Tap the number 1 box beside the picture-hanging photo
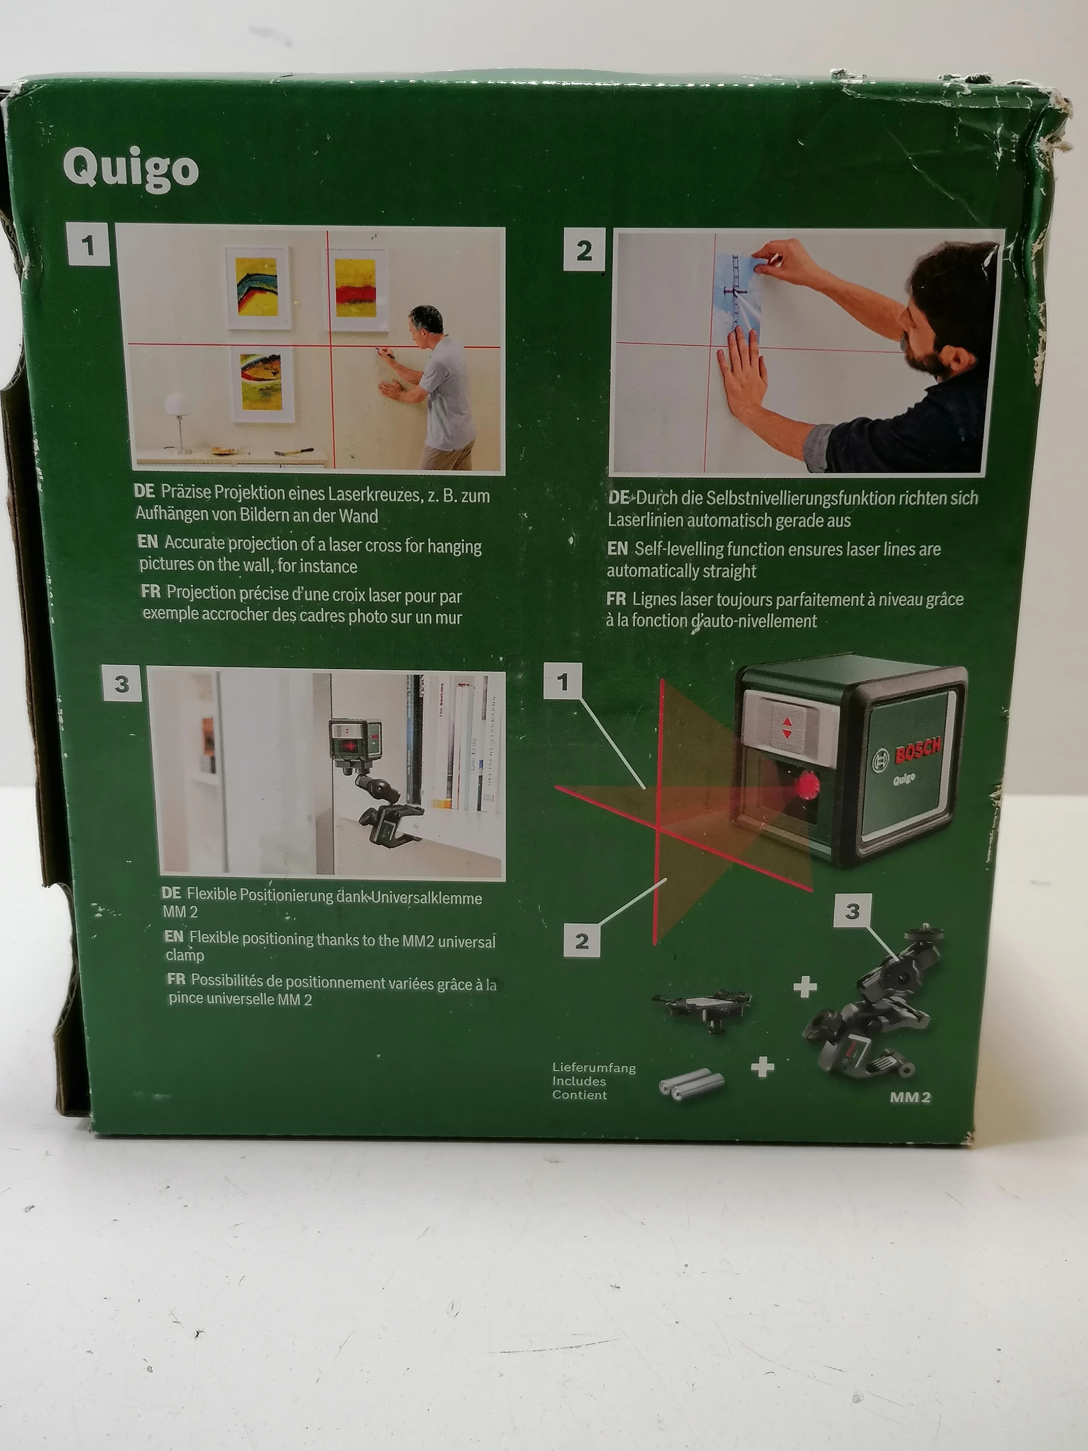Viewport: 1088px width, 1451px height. click(88, 245)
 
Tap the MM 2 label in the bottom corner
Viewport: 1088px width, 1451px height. click(910, 1097)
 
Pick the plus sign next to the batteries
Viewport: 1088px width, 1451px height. click(762, 1067)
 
